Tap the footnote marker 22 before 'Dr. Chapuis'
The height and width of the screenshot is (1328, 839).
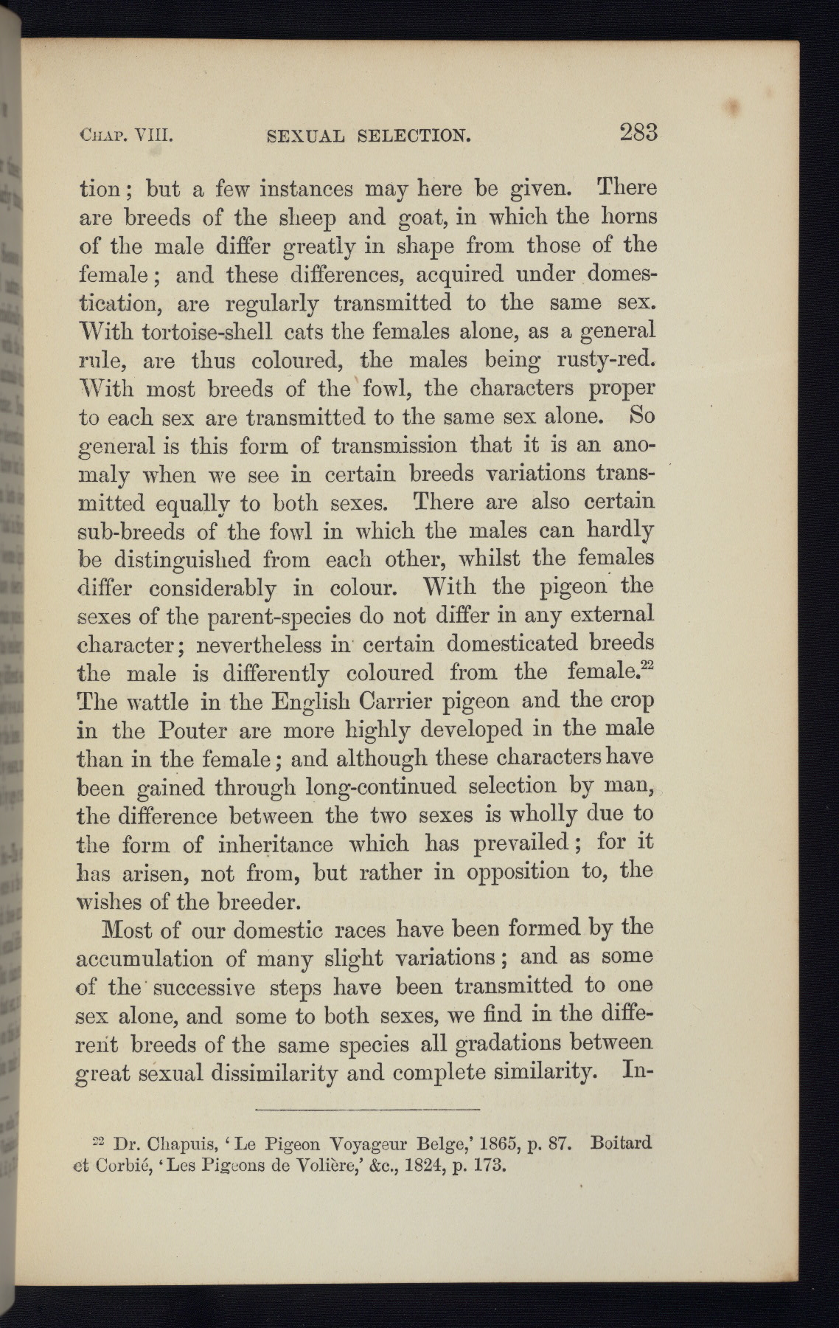click(102, 1142)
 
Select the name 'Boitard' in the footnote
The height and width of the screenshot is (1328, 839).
click(622, 1144)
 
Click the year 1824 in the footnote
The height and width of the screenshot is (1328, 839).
click(400, 1166)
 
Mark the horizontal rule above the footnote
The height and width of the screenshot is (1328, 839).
click(367, 1109)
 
